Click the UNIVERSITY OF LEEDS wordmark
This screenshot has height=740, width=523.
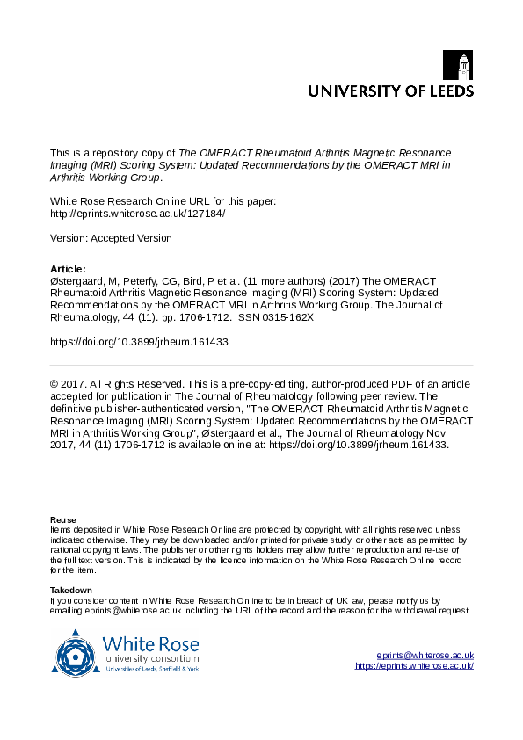click(x=389, y=91)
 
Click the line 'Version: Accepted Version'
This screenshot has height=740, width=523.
click(x=111, y=238)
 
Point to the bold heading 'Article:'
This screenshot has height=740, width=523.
click(x=69, y=268)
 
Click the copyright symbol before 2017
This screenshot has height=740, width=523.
click(x=54, y=384)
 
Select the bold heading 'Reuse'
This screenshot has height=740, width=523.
click(x=62, y=520)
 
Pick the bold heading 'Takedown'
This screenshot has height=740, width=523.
click(x=71, y=589)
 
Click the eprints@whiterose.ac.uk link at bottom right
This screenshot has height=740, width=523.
click(x=425, y=656)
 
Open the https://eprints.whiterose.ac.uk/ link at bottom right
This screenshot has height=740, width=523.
click(x=414, y=666)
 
